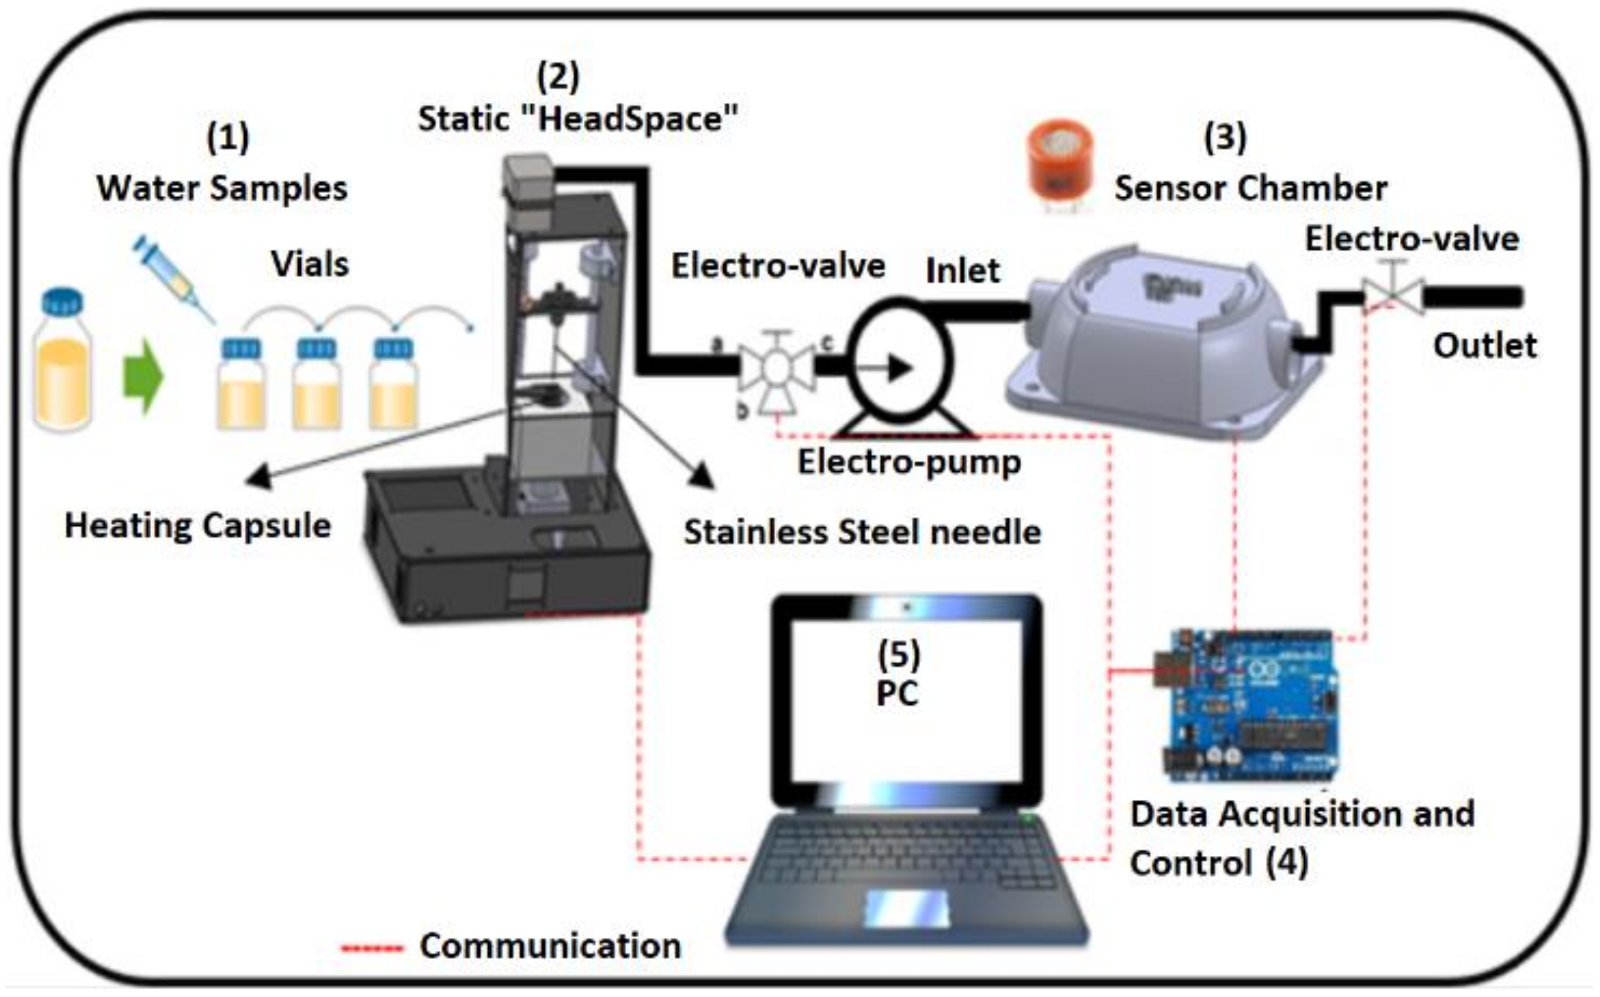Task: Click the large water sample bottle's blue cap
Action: [x=62, y=302]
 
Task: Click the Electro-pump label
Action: [x=909, y=462]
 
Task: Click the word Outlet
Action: [x=1484, y=345]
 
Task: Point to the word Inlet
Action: [x=961, y=271]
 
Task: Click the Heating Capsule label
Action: [x=197, y=525]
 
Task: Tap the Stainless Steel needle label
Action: [x=861, y=532]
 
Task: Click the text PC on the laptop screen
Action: [x=896, y=692]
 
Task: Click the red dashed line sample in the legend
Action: [x=372, y=949]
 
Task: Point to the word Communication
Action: [x=549, y=946]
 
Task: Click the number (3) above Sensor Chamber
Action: [x=1225, y=137]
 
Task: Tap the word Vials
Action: [x=310, y=264]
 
